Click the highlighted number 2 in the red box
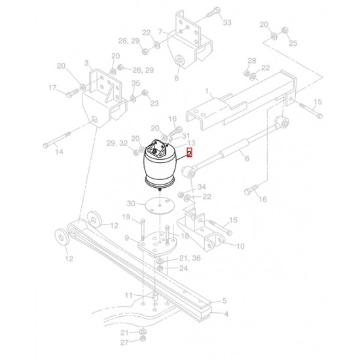[189, 153]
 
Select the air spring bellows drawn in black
[160, 165]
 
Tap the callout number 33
[227, 22]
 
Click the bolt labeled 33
[213, 12]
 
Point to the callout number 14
[59, 152]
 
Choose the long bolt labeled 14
[56, 139]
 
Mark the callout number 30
[131, 204]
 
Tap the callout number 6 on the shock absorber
[247, 158]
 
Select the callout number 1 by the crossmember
[207, 91]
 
